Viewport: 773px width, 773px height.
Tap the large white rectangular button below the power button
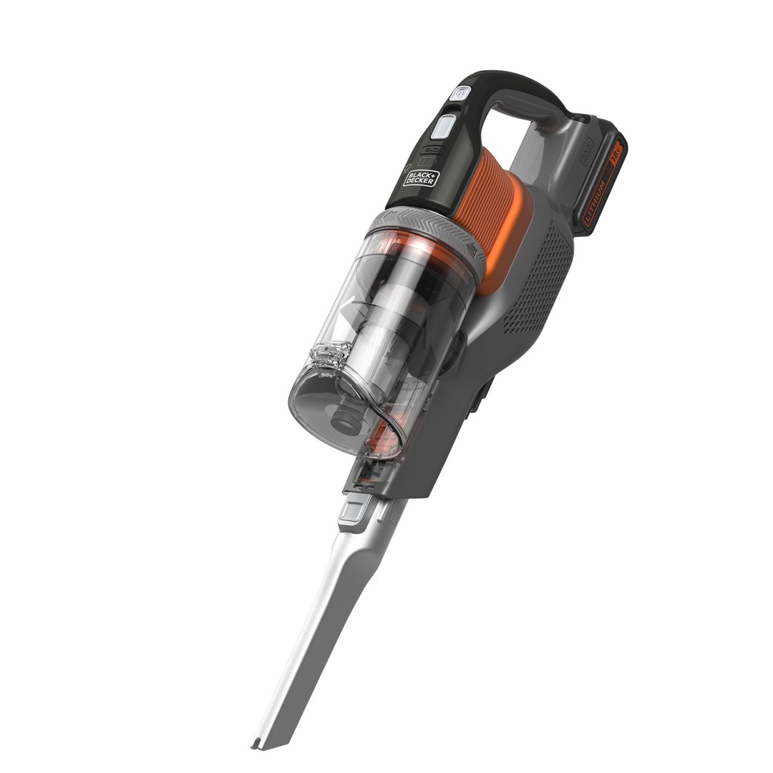click(443, 127)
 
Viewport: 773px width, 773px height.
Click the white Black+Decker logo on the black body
click(421, 177)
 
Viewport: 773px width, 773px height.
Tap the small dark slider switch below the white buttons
click(433, 149)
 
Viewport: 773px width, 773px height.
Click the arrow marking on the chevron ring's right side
click(473, 248)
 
